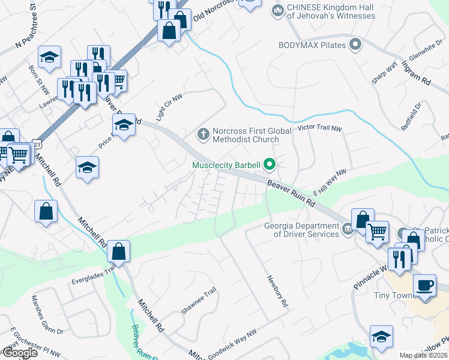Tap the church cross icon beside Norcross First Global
(x=203, y=134)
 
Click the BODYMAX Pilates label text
(x=312, y=45)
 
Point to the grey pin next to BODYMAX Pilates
(x=355, y=44)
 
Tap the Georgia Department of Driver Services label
(x=302, y=230)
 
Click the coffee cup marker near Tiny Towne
(x=425, y=285)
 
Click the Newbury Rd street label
(x=277, y=292)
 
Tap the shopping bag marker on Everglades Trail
(x=119, y=252)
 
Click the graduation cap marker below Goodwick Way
(x=381, y=338)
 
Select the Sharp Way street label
(x=384, y=75)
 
